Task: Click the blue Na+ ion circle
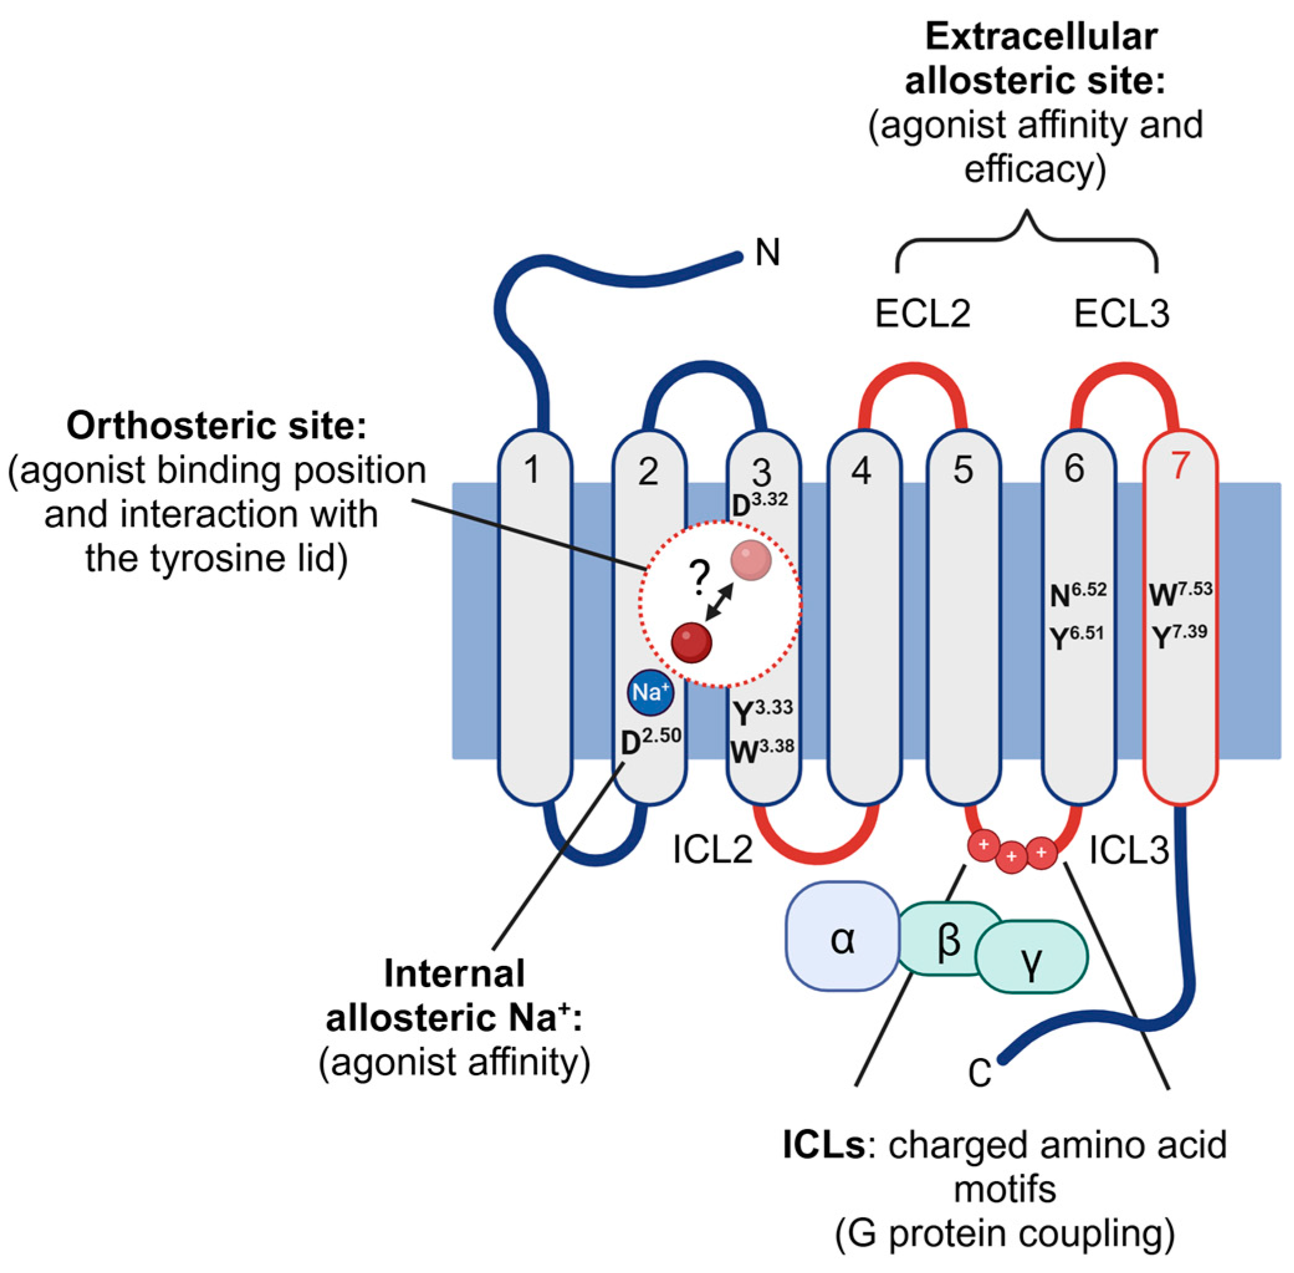click(x=649, y=692)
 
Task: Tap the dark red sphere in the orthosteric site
click(x=691, y=643)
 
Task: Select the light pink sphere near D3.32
click(x=751, y=560)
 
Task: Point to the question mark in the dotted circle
click(x=699, y=579)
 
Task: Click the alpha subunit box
click(x=842, y=936)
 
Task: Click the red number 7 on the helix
click(x=1180, y=466)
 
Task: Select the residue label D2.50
click(x=650, y=741)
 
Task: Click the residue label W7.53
click(x=1180, y=592)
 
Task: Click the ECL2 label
click(x=922, y=313)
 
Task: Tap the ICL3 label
click(x=1129, y=850)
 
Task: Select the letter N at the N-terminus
click(x=768, y=253)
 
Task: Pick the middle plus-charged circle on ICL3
click(x=1011, y=857)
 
